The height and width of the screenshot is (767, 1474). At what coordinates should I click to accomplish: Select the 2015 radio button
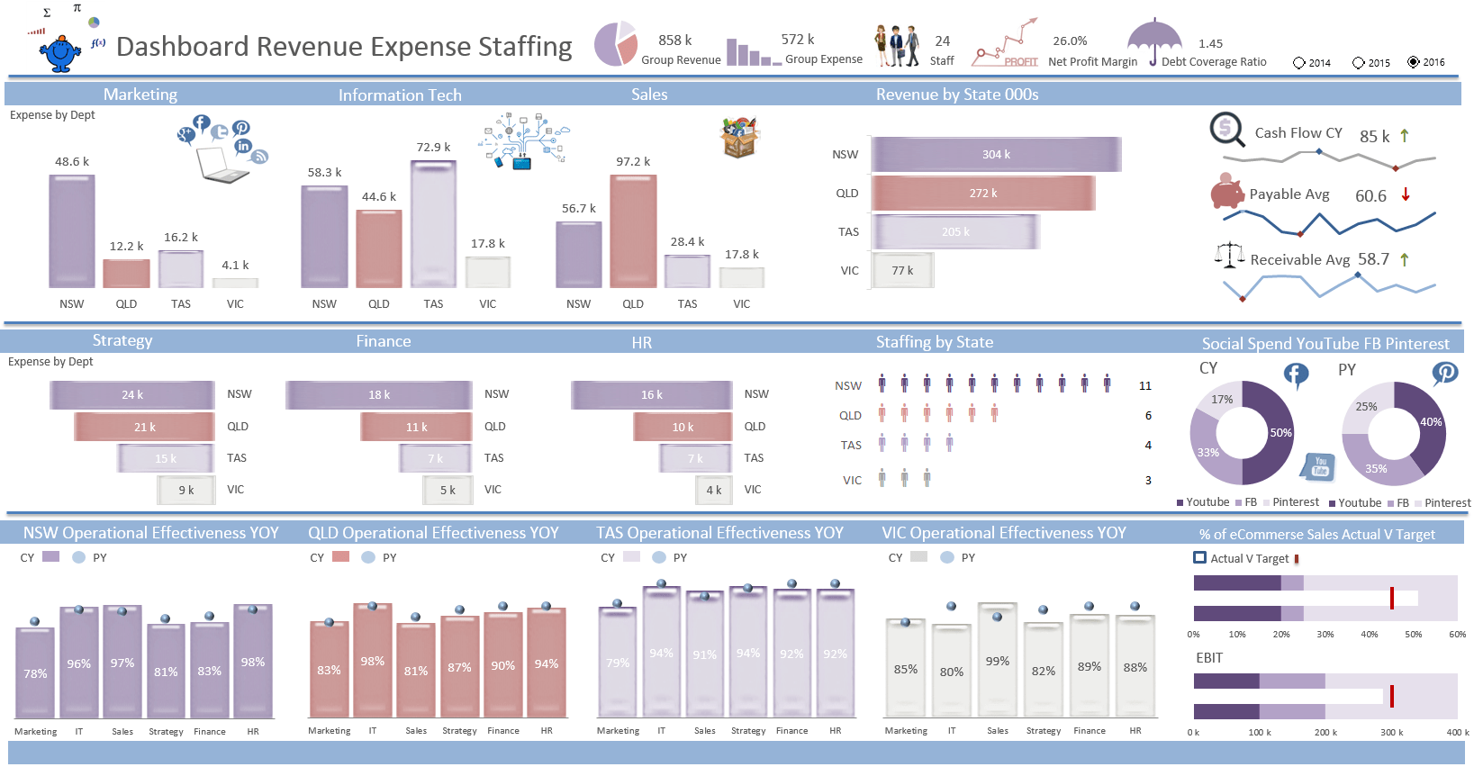pyautogui.click(x=1358, y=63)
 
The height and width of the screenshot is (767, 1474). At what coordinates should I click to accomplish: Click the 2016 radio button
pyautogui.click(x=1414, y=62)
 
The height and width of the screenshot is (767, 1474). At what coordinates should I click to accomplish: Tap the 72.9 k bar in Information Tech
pyautogui.click(x=433, y=224)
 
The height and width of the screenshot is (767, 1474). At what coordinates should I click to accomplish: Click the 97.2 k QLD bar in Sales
pyautogui.click(x=633, y=231)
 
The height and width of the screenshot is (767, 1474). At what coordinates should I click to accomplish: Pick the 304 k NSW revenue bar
pyautogui.click(x=996, y=155)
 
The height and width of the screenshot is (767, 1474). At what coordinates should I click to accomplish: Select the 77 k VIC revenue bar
pyautogui.click(x=902, y=270)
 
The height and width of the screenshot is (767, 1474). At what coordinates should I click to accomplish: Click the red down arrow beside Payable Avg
pyautogui.click(x=1406, y=194)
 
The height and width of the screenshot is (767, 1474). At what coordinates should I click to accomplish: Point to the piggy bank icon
pyautogui.click(x=1226, y=191)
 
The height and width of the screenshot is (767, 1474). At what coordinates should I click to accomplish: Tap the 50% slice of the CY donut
pyautogui.click(x=1273, y=433)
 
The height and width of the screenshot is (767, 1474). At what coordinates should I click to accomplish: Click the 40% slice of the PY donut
pyautogui.click(x=1425, y=423)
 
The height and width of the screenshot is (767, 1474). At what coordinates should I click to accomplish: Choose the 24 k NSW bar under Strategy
pyautogui.click(x=132, y=395)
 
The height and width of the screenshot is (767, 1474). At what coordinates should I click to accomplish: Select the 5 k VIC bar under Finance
pyautogui.click(x=448, y=491)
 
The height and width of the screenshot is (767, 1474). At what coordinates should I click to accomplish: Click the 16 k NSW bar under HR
pyautogui.click(x=651, y=395)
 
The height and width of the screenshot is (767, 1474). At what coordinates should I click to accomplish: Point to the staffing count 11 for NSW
pyautogui.click(x=1145, y=386)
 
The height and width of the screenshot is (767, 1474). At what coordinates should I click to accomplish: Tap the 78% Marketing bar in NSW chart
pyautogui.click(x=35, y=672)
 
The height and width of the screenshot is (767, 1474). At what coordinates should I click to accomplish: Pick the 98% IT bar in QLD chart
pyautogui.click(x=373, y=661)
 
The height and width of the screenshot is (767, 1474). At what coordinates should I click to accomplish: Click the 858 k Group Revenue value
pyautogui.click(x=674, y=41)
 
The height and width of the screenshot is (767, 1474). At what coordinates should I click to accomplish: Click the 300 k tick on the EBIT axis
pyautogui.click(x=1391, y=733)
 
